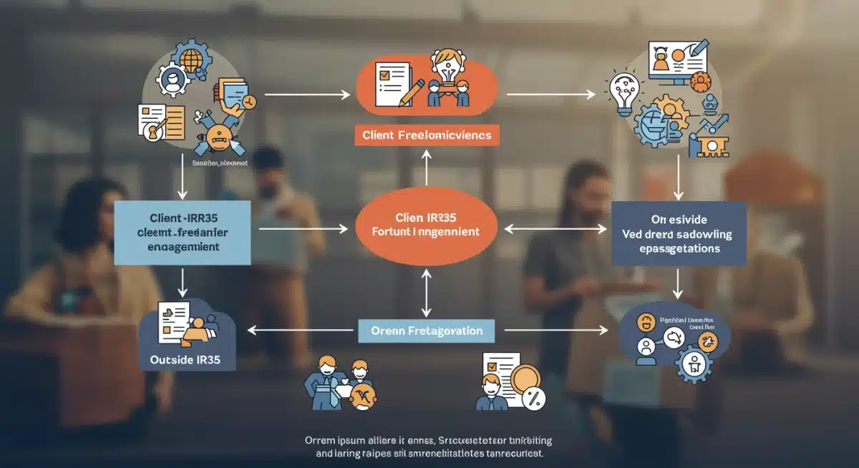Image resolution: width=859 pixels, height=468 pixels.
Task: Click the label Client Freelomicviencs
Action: coord(427,134)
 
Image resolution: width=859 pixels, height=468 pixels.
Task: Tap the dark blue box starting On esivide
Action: coord(679,233)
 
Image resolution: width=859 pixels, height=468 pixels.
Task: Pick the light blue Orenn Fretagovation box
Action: coord(427,331)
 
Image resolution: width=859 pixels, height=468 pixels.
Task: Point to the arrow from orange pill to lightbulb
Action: coord(551,94)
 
